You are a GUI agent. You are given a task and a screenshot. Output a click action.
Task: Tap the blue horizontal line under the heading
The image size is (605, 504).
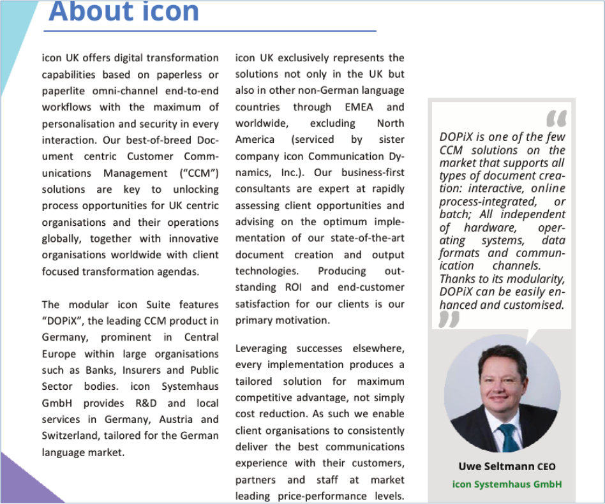(x=210, y=31)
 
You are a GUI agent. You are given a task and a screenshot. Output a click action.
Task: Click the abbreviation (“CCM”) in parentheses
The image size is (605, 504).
(x=198, y=173)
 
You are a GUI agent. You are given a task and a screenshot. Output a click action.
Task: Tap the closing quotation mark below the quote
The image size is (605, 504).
(x=449, y=319)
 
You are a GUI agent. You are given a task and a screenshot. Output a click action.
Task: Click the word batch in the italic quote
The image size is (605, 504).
(x=453, y=215)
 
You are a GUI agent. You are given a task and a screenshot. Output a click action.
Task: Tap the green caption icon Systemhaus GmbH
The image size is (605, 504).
(x=507, y=484)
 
